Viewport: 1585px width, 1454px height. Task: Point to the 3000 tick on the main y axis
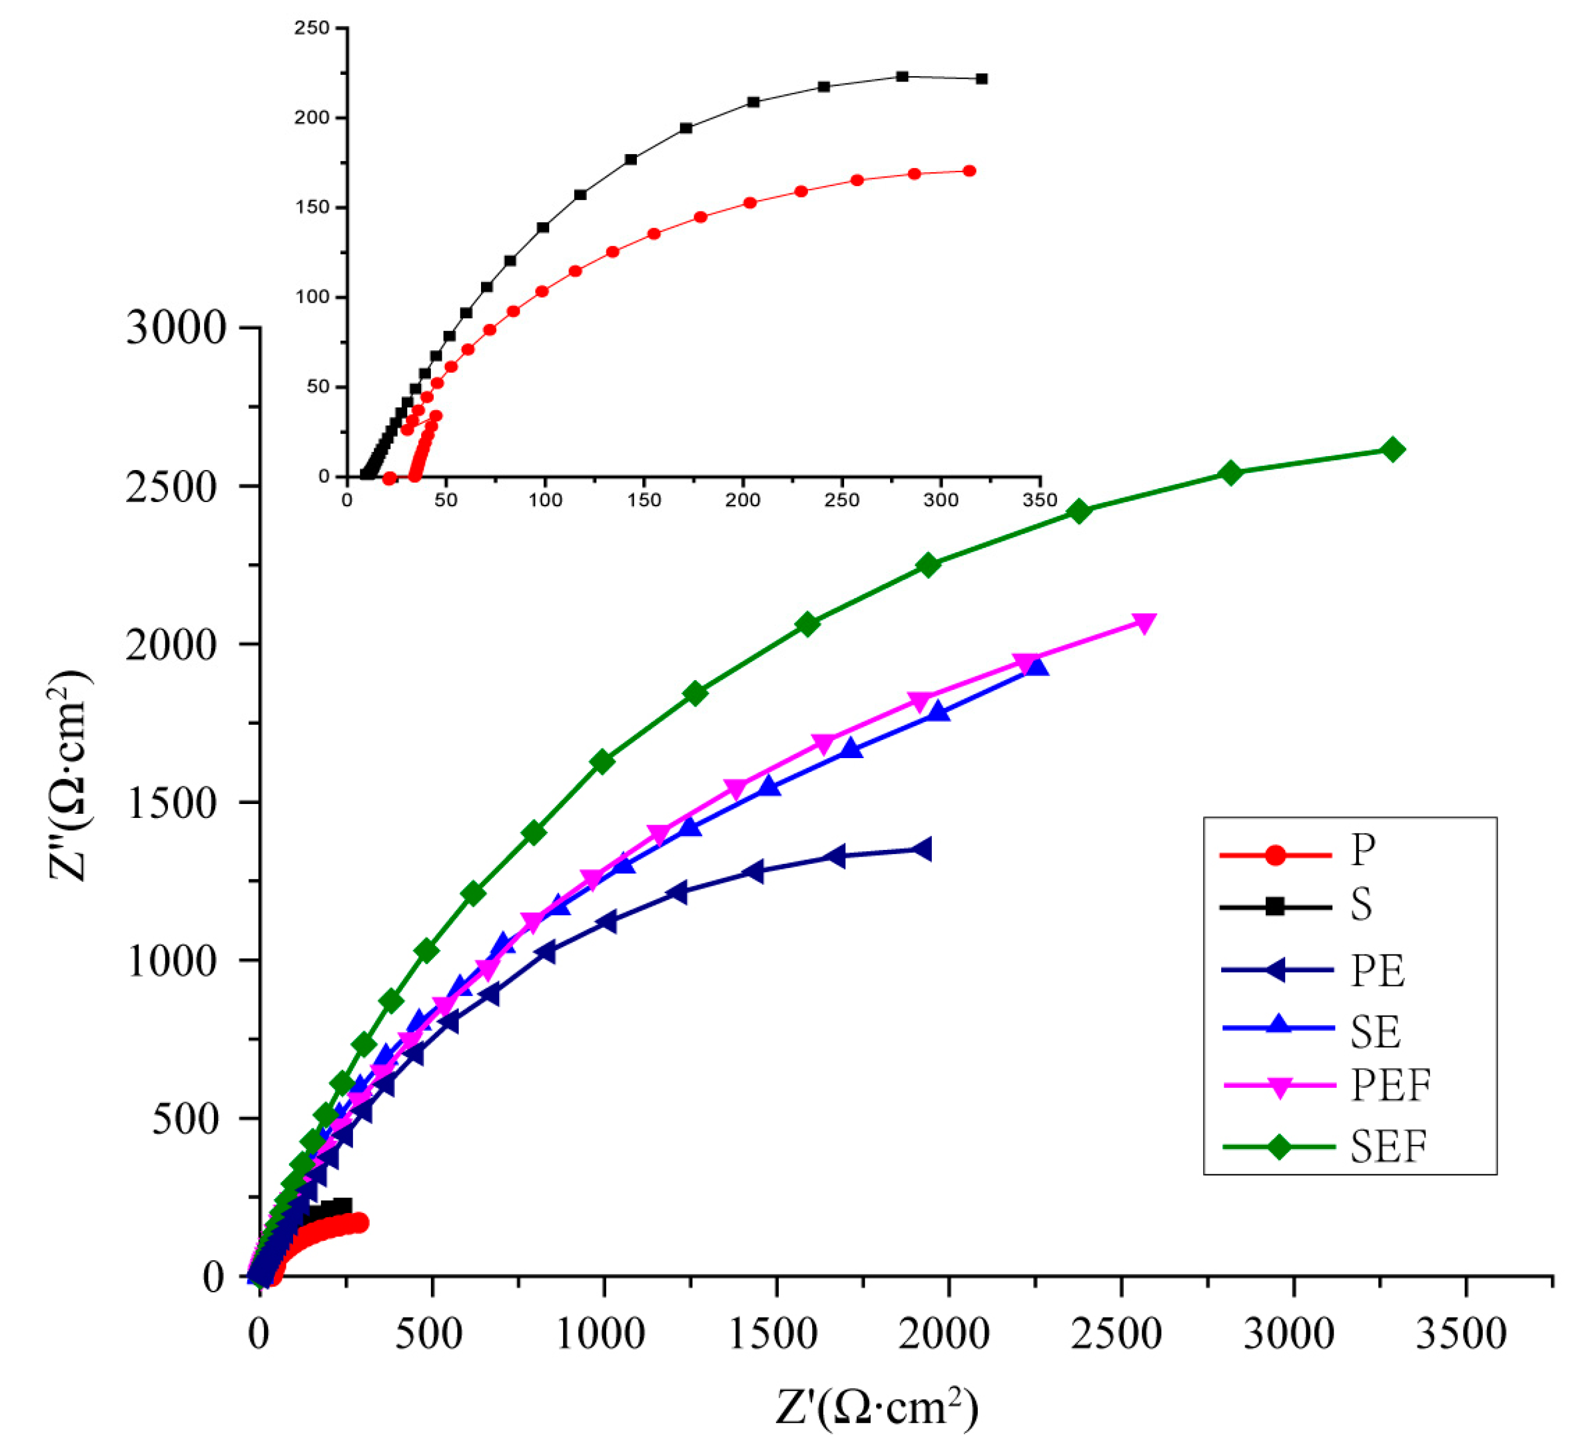[175, 327]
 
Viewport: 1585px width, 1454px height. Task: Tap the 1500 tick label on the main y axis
[172, 803]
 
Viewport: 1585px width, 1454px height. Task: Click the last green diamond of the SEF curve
[1392, 450]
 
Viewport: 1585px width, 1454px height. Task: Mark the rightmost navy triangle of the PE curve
[922, 849]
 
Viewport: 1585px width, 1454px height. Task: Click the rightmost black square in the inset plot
[981, 79]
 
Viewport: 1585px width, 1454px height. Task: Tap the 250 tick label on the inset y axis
[312, 28]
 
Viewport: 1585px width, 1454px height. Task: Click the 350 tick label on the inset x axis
[1039, 500]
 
